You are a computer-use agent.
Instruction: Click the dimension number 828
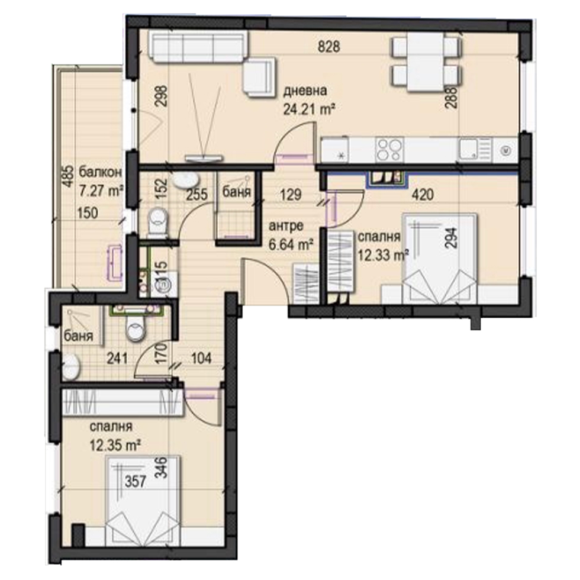click(x=329, y=47)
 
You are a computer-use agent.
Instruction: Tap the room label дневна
click(x=305, y=91)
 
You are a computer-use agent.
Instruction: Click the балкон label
click(x=100, y=172)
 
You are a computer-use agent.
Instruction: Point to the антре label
click(x=286, y=226)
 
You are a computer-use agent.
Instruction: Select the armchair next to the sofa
click(x=259, y=78)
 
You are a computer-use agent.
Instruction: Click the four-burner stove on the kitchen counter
click(x=389, y=149)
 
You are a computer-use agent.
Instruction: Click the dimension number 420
click(x=423, y=194)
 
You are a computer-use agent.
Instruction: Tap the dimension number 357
click(x=135, y=482)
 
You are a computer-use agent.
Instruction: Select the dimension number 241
click(x=117, y=358)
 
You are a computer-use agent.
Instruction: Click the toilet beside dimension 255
click(x=157, y=221)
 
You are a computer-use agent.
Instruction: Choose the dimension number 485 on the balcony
click(x=67, y=177)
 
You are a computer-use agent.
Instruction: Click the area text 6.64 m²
click(x=291, y=244)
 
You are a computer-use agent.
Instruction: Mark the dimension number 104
click(x=201, y=358)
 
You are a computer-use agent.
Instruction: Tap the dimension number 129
click(x=291, y=194)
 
